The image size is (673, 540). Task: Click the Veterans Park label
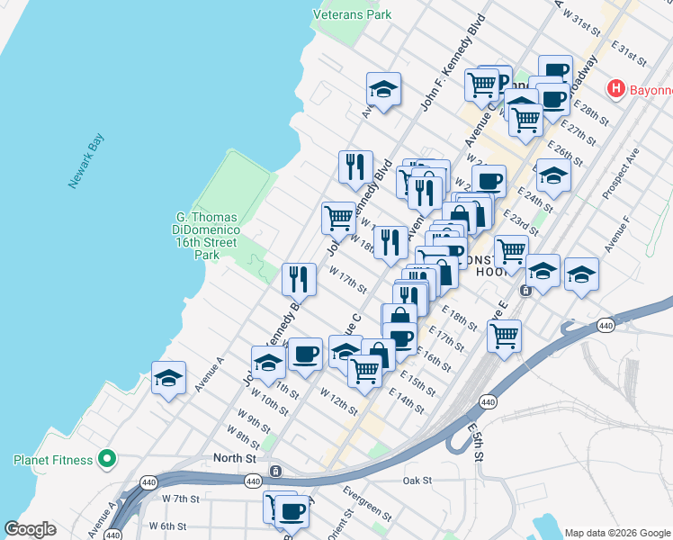click(x=352, y=14)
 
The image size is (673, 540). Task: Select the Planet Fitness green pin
click(x=107, y=460)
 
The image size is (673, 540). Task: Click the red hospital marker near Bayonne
click(x=616, y=89)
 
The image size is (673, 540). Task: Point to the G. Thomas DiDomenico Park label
click(x=207, y=236)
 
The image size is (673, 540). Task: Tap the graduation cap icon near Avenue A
click(x=168, y=379)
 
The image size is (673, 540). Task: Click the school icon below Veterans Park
click(x=383, y=89)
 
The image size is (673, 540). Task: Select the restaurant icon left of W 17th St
click(x=299, y=279)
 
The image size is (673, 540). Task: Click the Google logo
click(x=30, y=529)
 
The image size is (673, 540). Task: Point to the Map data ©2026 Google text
click(x=617, y=532)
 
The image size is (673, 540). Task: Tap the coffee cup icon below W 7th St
click(x=292, y=511)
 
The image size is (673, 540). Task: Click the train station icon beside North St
click(x=276, y=471)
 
